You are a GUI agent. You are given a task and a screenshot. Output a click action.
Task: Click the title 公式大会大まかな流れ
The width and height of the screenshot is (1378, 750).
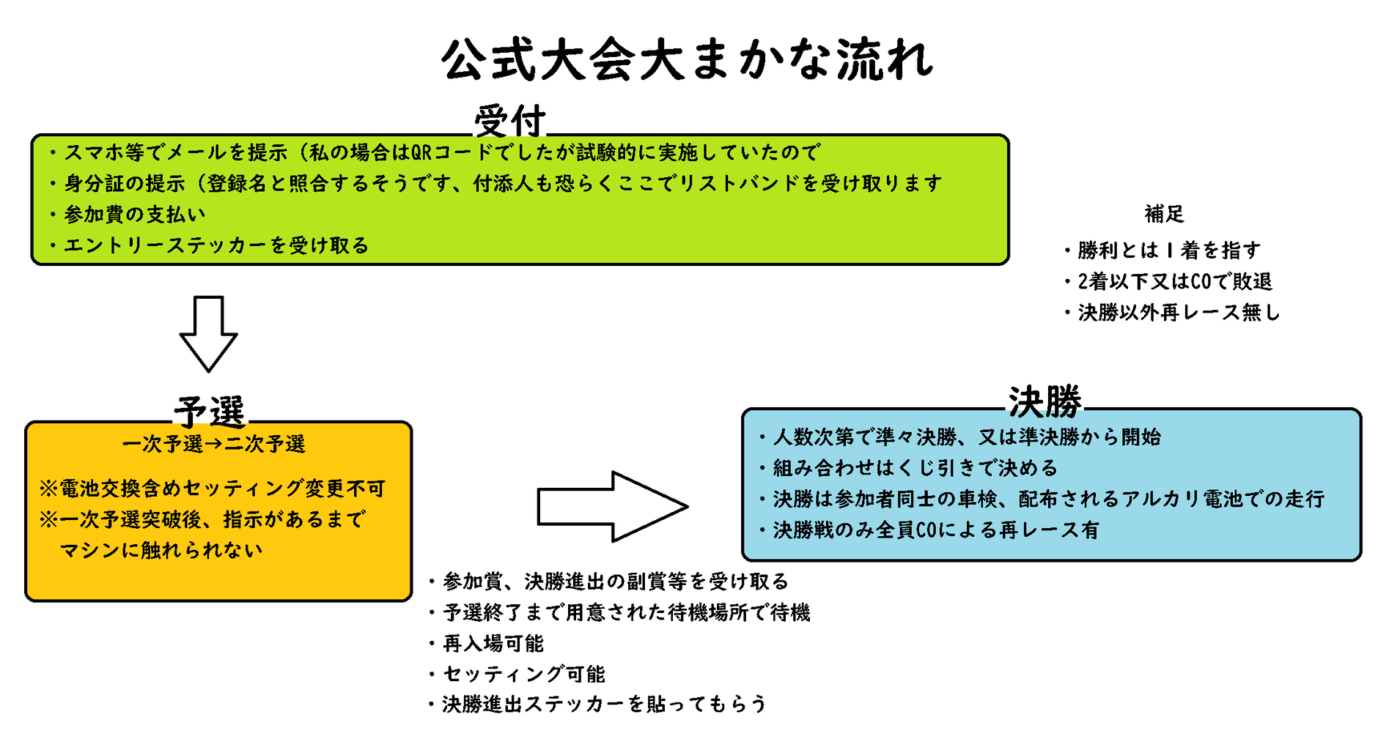click(688, 60)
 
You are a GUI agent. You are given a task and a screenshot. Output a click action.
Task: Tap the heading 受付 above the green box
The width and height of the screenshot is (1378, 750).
click(510, 121)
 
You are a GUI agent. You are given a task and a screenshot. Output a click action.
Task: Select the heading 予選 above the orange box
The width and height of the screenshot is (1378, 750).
click(210, 411)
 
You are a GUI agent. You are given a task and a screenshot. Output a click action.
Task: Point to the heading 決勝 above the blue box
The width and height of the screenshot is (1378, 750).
click(1045, 401)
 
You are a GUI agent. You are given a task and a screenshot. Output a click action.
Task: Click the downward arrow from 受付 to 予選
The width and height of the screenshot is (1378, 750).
click(209, 333)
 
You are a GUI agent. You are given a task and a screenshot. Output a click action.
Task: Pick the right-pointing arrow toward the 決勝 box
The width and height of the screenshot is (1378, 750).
click(612, 507)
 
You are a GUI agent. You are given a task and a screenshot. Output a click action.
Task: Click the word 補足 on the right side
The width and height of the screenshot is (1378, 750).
click(1164, 214)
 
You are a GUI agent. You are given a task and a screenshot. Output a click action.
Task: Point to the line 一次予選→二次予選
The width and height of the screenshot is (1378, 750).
click(213, 444)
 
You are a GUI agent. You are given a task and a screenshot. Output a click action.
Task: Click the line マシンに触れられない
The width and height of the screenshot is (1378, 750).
click(161, 550)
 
